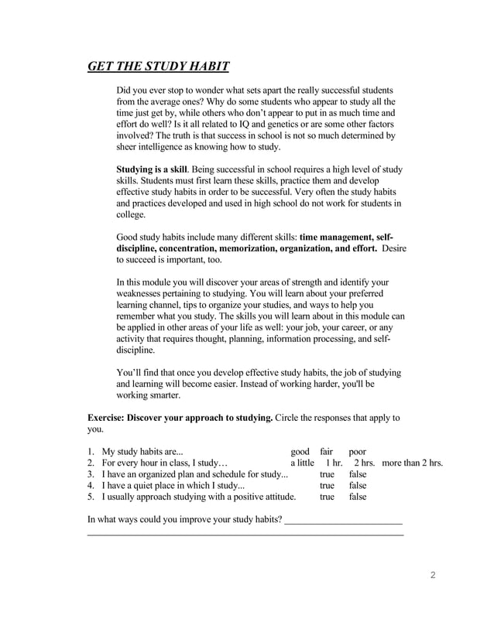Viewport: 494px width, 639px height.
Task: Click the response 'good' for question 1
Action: point(300,452)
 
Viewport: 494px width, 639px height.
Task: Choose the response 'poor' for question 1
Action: point(358,452)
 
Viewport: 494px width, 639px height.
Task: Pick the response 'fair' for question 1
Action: point(328,452)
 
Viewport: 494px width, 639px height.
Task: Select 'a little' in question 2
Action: point(297,463)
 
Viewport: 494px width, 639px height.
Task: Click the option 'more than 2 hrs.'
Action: point(412,463)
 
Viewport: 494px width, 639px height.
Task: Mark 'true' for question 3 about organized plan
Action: point(328,474)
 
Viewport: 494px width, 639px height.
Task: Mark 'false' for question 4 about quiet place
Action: point(358,485)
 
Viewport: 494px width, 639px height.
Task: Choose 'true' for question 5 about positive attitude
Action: point(328,497)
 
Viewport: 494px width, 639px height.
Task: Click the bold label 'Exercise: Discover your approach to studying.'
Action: point(180,418)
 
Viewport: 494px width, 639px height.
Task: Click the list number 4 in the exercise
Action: point(91,485)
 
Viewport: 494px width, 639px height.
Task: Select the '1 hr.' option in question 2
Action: point(334,463)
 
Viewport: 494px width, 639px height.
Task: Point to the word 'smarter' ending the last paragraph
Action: point(163,395)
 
